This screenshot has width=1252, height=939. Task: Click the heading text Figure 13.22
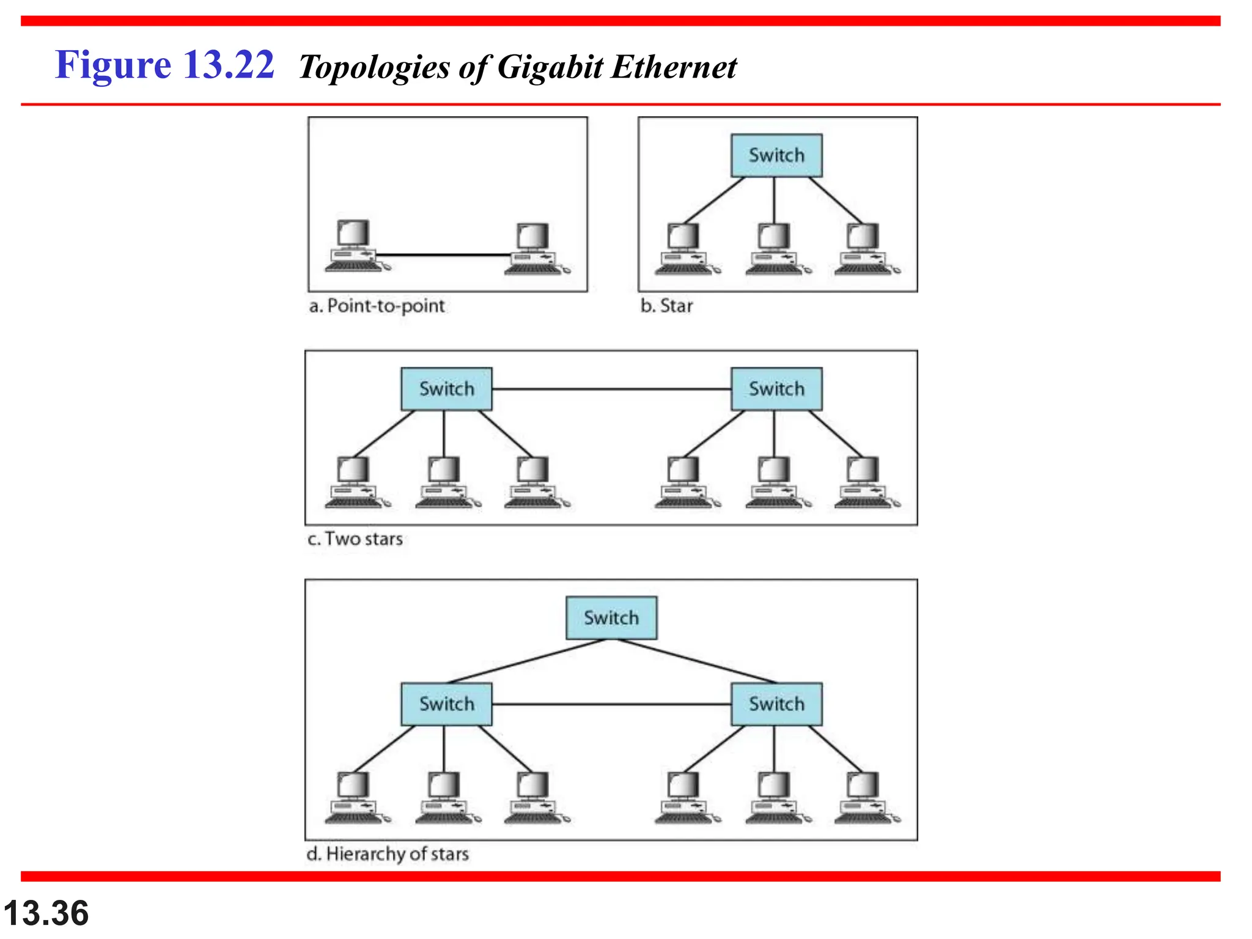tap(164, 65)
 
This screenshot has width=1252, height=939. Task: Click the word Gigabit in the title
tap(550, 67)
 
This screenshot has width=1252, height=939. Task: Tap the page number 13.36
tap(46, 913)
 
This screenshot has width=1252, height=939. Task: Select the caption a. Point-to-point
tap(377, 306)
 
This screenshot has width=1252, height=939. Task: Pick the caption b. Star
tap(666, 306)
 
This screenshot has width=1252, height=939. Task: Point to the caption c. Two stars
tap(355, 539)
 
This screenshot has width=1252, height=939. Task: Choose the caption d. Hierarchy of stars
tap(388, 853)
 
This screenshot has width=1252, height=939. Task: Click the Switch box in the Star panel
tap(776, 155)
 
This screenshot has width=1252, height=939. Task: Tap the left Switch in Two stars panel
tap(446, 389)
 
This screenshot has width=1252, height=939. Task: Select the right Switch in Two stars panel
tap(776, 389)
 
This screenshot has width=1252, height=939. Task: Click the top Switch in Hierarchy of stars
tap(611, 618)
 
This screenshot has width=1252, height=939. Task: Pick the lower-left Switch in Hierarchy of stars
tap(446, 704)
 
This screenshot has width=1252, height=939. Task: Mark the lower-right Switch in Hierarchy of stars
tap(776, 704)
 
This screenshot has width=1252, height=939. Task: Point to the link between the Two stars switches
tap(611, 389)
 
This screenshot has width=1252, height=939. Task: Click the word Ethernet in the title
tap(674, 67)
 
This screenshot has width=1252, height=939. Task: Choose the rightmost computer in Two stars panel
tap(864, 483)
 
